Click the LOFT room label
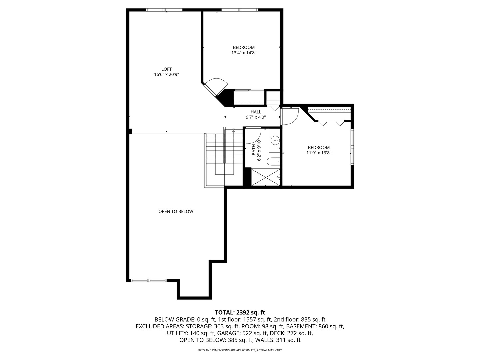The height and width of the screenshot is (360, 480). coord(166,69)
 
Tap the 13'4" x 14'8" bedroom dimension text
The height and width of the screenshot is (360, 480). coord(244,53)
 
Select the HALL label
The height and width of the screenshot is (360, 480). coord(256,112)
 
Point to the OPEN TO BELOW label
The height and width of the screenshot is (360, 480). coord(176,211)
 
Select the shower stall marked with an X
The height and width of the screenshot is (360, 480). coord(266,177)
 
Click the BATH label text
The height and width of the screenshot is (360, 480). coord(254,150)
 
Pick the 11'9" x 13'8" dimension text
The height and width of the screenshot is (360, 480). coord(319,153)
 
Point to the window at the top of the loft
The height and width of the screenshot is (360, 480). coord(164,10)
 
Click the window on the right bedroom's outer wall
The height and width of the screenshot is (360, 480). coord(352,147)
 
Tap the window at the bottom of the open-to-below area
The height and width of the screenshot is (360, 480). coord(148,280)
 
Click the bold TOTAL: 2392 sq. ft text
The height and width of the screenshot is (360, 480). coord(240,313)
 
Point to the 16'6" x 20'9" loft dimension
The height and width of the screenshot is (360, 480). coord(166,75)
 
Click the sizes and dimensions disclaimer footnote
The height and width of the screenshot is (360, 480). coord(240,350)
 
